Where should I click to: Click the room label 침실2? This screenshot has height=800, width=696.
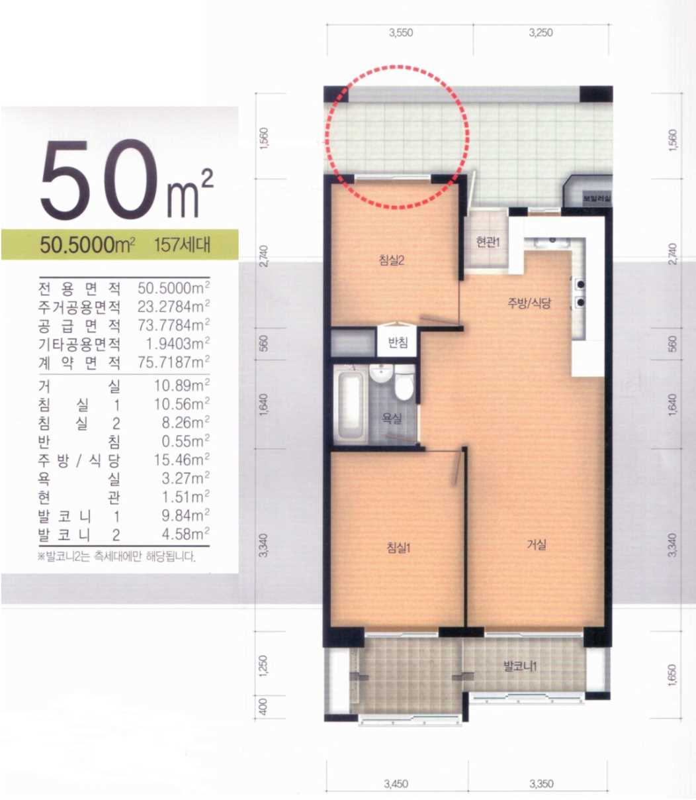(x=392, y=260)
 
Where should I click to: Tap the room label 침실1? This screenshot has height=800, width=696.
(x=398, y=548)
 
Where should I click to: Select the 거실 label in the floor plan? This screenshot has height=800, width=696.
(x=537, y=544)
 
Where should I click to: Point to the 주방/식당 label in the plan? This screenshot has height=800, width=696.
(x=529, y=303)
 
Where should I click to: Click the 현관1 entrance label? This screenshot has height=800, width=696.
(x=488, y=242)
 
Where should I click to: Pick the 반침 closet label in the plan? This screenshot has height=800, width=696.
(x=398, y=342)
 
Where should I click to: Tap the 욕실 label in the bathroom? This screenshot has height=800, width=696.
(x=392, y=419)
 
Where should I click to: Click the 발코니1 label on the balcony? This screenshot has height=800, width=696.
(x=520, y=666)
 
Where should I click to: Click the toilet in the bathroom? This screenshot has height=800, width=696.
(x=404, y=382)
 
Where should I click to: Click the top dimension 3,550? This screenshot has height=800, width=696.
(x=401, y=32)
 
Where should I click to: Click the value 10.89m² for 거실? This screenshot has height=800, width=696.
(x=182, y=385)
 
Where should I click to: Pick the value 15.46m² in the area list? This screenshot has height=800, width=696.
(x=182, y=460)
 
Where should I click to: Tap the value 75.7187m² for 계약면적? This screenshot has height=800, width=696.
(x=174, y=362)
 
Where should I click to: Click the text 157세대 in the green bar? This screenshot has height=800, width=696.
(x=183, y=245)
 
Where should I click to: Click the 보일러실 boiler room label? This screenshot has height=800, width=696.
(x=596, y=198)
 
